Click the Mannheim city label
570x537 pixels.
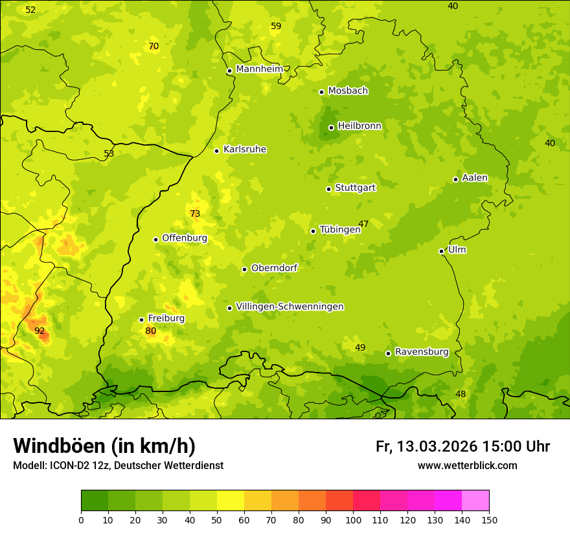[x=259, y=69]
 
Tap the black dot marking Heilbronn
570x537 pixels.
[x=331, y=127]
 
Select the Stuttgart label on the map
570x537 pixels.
[x=355, y=188]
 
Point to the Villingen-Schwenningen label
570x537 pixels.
[x=290, y=307]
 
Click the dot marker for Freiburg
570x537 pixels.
[x=141, y=320]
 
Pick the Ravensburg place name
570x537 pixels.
[x=422, y=352]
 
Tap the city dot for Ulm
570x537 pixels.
[x=441, y=251]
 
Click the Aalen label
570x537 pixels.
[x=475, y=178]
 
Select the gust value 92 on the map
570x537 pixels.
[x=40, y=331]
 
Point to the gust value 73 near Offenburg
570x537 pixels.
[x=195, y=214]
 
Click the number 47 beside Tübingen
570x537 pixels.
[x=363, y=224]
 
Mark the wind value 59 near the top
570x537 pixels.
[x=276, y=26]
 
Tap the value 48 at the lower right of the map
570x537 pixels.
[x=461, y=394]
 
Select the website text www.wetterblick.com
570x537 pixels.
[x=467, y=465]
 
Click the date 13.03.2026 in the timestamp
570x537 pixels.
[x=437, y=446]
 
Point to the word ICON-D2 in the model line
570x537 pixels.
[x=68, y=465]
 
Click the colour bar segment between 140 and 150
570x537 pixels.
[x=475, y=501]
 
